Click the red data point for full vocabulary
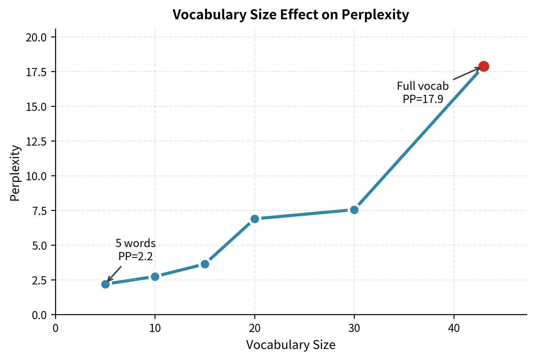tap(483, 66)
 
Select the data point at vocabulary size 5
tap(105, 284)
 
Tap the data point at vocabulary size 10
tap(155, 277)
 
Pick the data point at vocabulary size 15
tap(205, 264)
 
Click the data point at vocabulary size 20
tap(255, 219)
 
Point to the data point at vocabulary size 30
tap(354, 210)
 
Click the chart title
tap(291, 15)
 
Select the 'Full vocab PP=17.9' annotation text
tap(423, 92)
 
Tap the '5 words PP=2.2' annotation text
tap(135, 249)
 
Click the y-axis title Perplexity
tap(15, 173)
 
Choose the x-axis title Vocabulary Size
tap(291, 345)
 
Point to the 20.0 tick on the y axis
tap(36, 37)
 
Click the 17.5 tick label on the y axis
tap(36, 72)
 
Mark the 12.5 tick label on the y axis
tap(36, 141)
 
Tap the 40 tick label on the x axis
tap(454, 328)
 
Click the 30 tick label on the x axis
tap(354, 328)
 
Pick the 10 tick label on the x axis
tap(155, 328)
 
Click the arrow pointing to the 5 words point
tap(114, 274)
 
